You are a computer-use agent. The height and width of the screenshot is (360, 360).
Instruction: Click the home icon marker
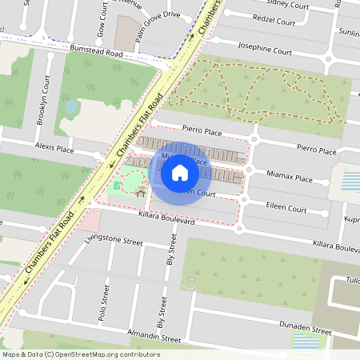[180, 172]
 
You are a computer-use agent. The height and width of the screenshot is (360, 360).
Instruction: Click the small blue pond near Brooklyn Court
[71, 106]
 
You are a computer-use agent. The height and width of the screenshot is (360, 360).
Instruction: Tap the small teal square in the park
[117, 186]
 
